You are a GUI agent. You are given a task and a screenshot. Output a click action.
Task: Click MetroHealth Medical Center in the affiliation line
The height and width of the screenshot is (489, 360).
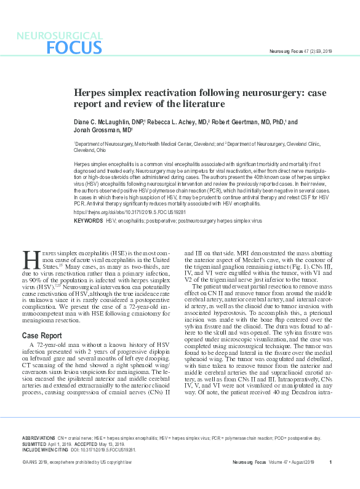pos(154,143)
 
